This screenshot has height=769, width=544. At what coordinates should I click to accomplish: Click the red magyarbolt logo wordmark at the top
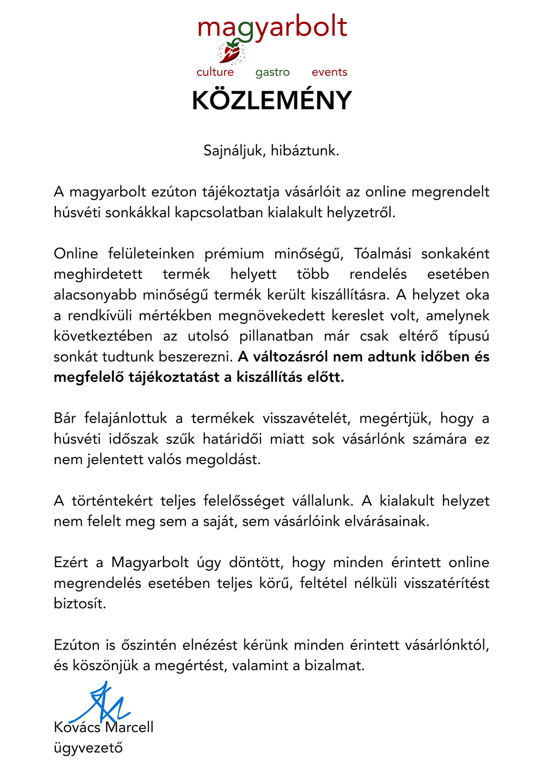pyautogui.click(x=272, y=28)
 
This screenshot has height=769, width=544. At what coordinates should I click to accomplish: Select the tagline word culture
pyautogui.click(x=215, y=72)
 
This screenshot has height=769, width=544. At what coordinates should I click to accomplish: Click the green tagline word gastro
pyautogui.click(x=273, y=72)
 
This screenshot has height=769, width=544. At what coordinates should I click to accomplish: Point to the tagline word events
pyautogui.click(x=329, y=72)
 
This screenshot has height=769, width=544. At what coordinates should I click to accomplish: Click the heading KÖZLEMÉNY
pyautogui.click(x=272, y=100)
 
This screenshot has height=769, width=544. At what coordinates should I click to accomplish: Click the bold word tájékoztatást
pyautogui.click(x=177, y=378)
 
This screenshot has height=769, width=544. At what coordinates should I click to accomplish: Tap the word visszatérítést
pyautogui.click(x=446, y=583)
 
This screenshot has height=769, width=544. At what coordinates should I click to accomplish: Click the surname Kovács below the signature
pyautogui.click(x=77, y=727)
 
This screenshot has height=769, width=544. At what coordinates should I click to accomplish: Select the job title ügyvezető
pyautogui.click(x=88, y=748)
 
